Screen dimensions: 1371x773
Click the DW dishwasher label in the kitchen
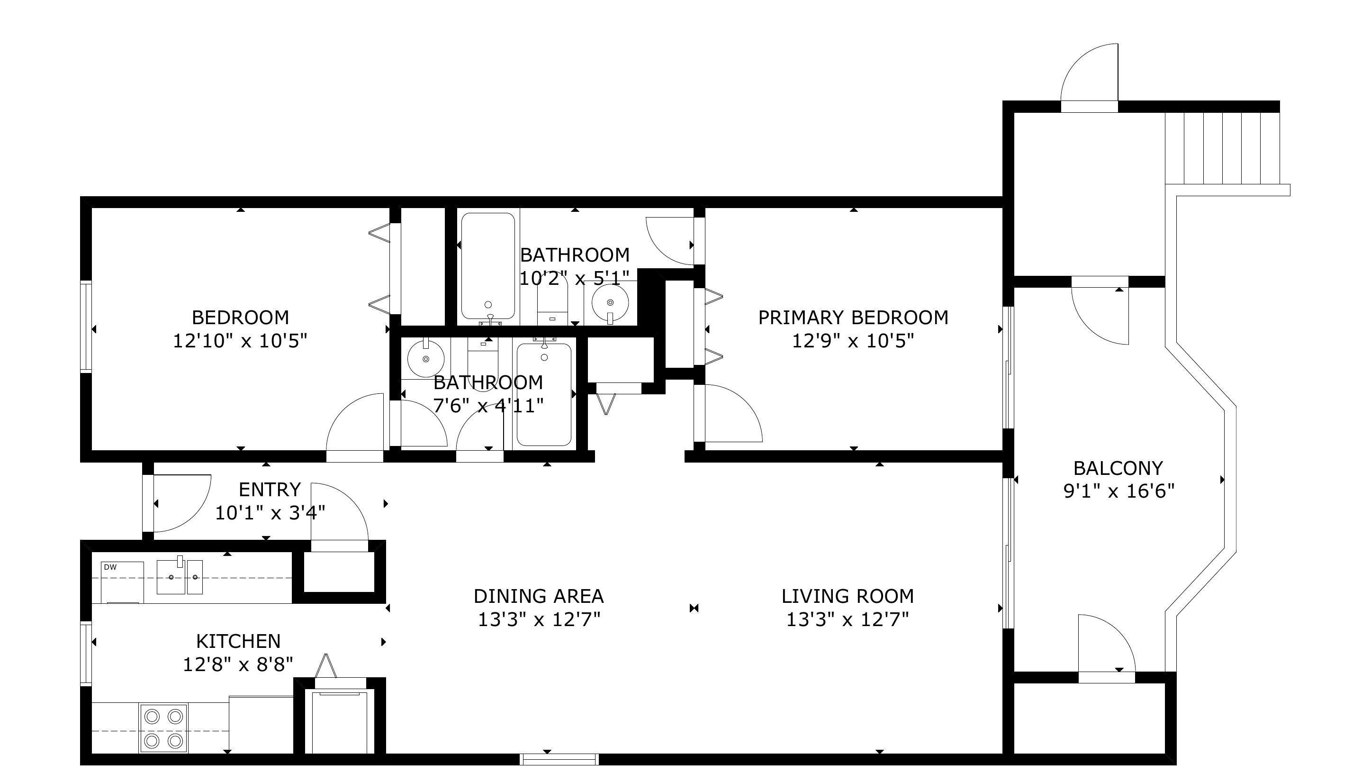(x=110, y=567)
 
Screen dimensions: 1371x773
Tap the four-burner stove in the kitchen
(x=163, y=728)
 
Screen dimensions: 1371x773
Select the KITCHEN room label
(x=238, y=641)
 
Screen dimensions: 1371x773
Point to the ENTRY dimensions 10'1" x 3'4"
(x=270, y=513)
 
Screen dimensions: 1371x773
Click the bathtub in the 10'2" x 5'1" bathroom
(x=488, y=266)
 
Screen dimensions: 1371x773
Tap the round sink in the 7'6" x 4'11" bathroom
(x=426, y=359)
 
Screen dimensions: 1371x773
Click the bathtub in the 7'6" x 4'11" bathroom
(x=544, y=394)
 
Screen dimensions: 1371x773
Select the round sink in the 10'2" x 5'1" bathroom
(x=610, y=302)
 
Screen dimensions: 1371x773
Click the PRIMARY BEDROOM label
(x=853, y=317)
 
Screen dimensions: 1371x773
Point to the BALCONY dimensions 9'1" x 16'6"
(x=1118, y=491)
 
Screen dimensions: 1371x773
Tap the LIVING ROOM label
(x=848, y=596)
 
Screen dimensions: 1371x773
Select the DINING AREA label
(x=539, y=596)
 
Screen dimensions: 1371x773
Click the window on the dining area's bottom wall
(x=559, y=759)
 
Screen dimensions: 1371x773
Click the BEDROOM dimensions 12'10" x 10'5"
(x=240, y=341)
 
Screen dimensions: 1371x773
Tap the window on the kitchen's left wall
(x=86, y=654)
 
